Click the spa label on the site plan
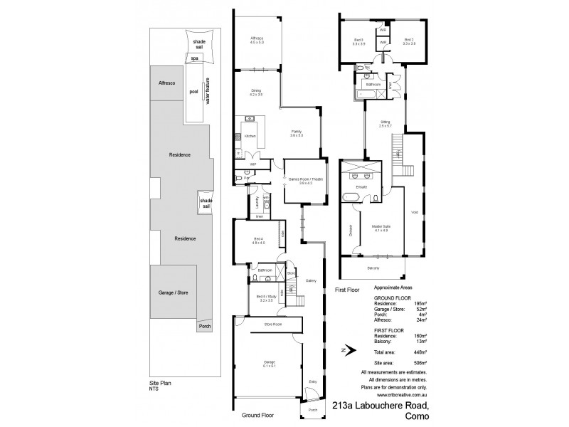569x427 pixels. [x=194, y=58]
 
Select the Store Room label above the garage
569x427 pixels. [x=272, y=325]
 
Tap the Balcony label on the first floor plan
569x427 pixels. [x=373, y=268]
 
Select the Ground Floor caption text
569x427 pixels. [x=257, y=415]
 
